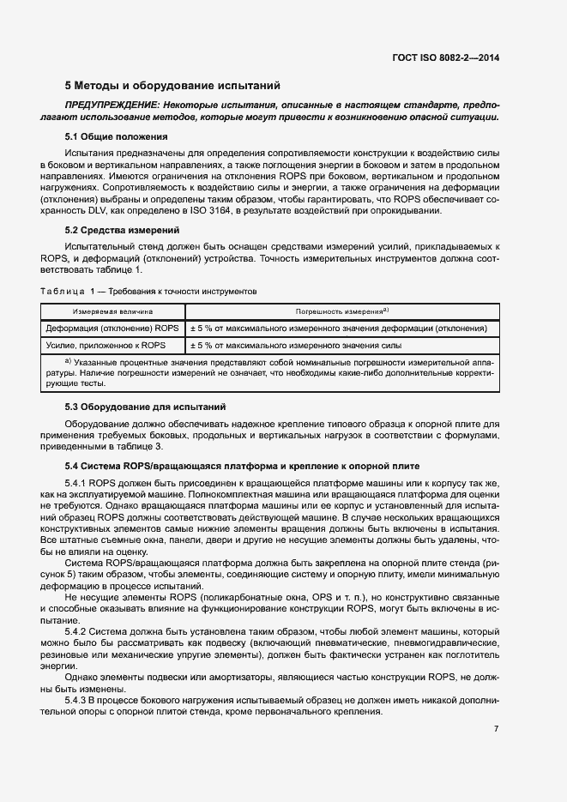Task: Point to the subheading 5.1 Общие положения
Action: pos(116,136)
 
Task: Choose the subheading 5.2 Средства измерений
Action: pos(123,230)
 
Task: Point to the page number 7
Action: pos(496,728)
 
